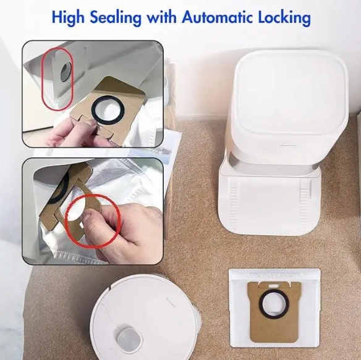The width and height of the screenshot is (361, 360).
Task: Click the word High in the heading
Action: coord(68,17)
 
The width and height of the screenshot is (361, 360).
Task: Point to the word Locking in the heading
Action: coord(284,17)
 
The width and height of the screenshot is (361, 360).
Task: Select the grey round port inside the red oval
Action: coord(66,72)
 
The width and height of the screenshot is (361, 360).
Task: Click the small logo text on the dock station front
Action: coord(288,145)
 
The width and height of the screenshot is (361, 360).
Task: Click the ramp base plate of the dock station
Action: coord(270,203)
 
